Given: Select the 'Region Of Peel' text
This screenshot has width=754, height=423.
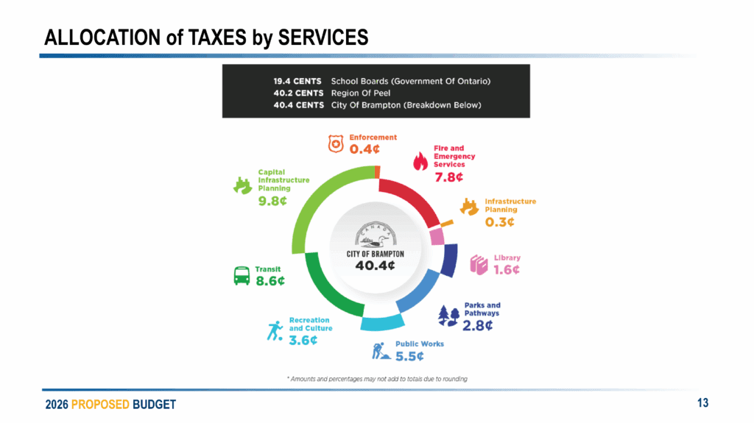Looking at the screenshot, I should click(362, 93).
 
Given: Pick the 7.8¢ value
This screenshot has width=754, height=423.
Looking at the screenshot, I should click(449, 177).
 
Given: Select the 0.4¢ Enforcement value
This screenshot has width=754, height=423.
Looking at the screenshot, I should click(364, 149).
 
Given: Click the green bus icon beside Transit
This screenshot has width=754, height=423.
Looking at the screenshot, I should click(242, 276).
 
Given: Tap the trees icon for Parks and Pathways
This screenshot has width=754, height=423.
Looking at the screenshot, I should click(448, 316).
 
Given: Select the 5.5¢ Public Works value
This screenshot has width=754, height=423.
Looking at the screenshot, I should click(410, 357).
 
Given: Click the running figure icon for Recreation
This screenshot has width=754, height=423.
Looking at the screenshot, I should click(275, 331).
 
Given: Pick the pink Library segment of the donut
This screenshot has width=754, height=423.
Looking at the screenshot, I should click(437, 236).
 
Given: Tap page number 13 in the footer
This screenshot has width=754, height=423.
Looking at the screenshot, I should click(702, 402).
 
